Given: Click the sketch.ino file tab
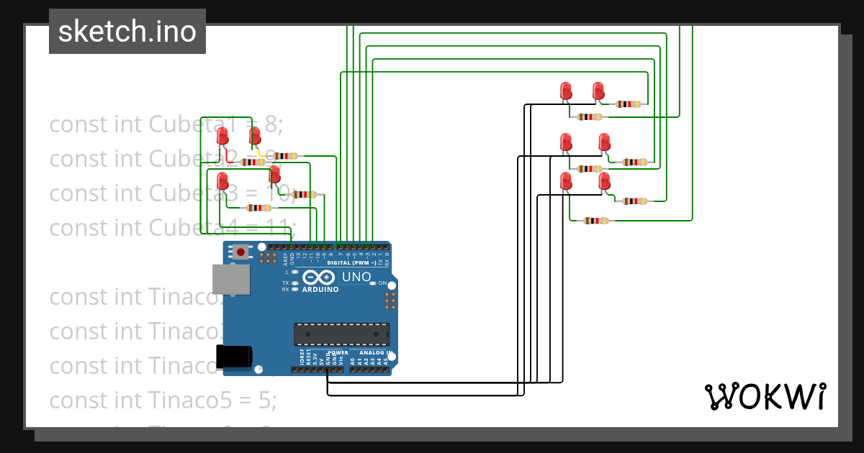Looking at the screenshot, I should (x=127, y=32).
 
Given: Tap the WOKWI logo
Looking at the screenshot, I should (x=765, y=397).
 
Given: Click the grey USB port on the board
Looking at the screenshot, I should (x=231, y=279).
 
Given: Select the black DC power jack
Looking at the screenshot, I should (x=234, y=357).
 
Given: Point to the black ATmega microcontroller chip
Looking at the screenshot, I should (x=341, y=334).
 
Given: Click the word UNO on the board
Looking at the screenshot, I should (x=356, y=277).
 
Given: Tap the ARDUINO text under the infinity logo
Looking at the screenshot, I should (x=320, y=290).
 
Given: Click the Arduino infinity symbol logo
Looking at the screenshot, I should (x=319, y=278).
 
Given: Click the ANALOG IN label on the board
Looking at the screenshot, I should (x=374, y=353).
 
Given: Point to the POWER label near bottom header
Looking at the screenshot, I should (x=338, y=353).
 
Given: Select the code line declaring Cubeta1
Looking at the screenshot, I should (x=166, y=124).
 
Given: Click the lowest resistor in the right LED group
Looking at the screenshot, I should (x=595, y=221).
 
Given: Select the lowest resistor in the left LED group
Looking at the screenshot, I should (x=258, y=208).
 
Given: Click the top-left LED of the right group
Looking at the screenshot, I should (x=566, y=91).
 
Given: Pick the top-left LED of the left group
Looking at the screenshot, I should (x=222, y=134).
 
